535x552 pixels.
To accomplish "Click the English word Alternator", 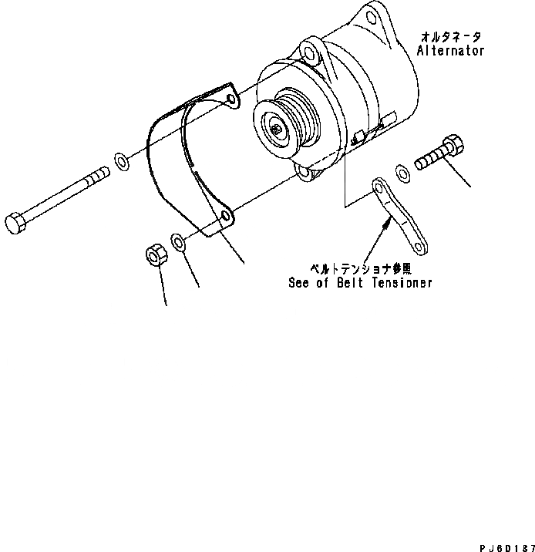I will pyautogui.click(x=451, y=51).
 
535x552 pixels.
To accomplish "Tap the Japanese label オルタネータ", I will pyautogui.click(x=451, y=36).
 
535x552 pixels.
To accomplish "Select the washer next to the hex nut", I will pyautogui.click(x=178, y=244).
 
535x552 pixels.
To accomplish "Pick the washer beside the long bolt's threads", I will pyautogui.click(x=122, y=160).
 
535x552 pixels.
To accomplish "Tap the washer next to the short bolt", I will pyautogui.click(x=402, y=171).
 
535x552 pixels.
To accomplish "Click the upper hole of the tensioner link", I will pyautogui.click(x=379, y=187).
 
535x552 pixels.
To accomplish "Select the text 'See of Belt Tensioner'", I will pyautogui.click(x=360, y=283).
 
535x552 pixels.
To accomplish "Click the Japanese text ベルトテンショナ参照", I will pyautogui.click(x=360, y=268).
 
